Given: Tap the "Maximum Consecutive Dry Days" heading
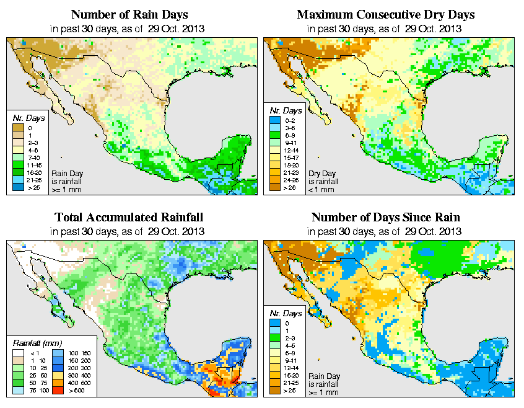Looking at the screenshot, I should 386,14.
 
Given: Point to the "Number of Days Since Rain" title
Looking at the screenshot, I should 385,218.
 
